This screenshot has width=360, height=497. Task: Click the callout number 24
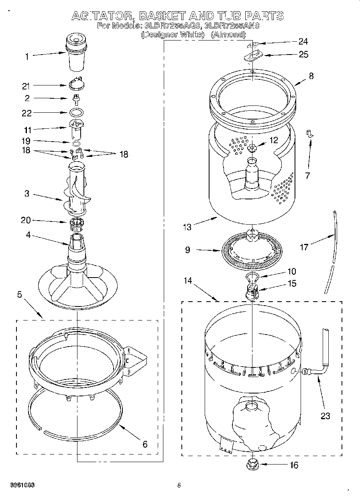[303, 41]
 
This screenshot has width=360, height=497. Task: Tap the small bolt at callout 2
[75, 98]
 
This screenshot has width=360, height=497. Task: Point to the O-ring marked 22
[76, 113]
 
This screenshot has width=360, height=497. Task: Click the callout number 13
[187, 227]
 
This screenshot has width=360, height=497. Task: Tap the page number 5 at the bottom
[179, 486]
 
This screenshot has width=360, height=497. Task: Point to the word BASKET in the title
[161, 16]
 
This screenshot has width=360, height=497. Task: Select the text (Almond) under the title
[229, 35]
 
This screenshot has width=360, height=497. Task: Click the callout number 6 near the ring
[145, 444]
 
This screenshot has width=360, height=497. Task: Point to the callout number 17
[304, 247]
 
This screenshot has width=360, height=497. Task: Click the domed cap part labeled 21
[75, 84]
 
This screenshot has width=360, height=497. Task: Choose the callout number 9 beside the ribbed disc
[187, 250]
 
